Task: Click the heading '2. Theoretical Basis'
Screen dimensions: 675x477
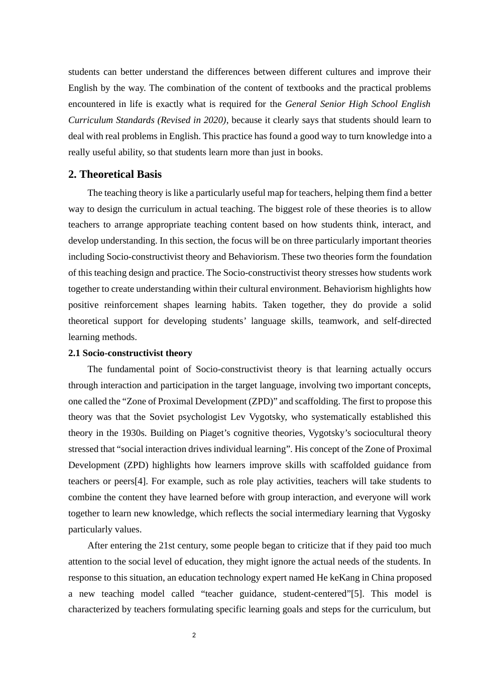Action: click(x=115, y=174)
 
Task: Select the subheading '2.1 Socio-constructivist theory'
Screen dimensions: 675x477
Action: click(x=130, y=353)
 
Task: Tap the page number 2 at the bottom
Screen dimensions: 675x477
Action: click(x=194, y=635)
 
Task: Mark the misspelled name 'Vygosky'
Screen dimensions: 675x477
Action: click(x=414, y=513)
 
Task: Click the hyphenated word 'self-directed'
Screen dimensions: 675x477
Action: click(x=407, y=321)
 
